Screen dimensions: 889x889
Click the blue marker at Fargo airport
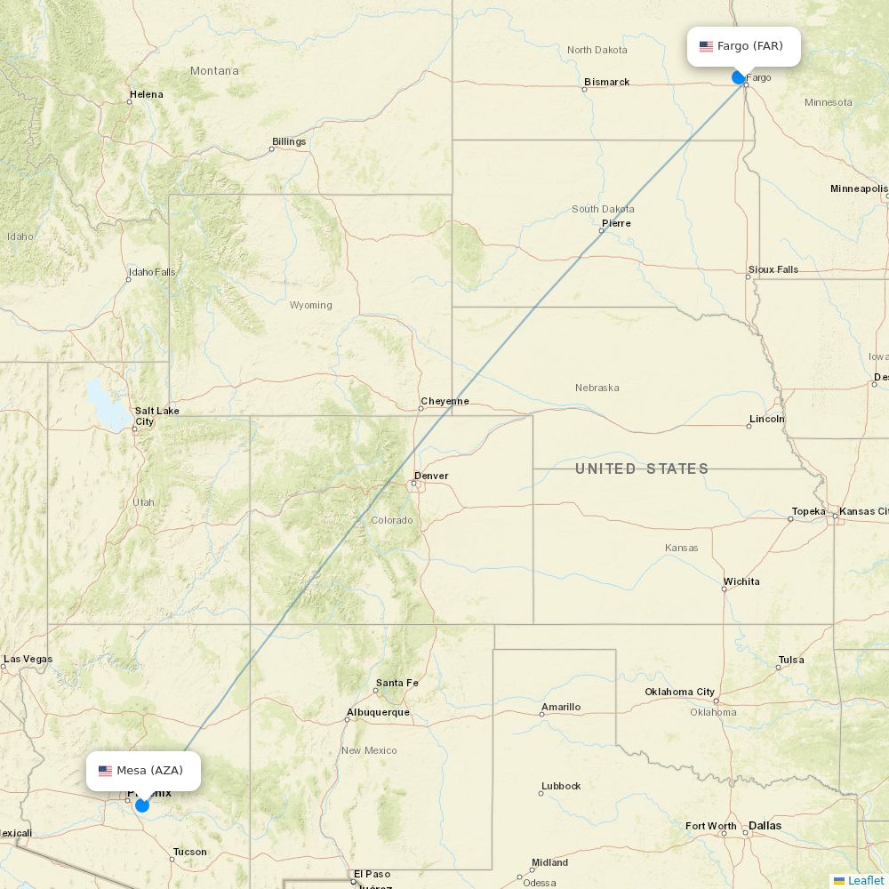(738, 77)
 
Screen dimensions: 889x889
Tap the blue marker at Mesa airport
(141, 805)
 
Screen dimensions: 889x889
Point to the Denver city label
(431, 476)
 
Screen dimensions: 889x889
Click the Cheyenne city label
(444, 401)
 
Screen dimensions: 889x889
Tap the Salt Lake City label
(156, 415)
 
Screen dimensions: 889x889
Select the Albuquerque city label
(378, 712)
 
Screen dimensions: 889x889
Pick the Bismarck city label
(606, 82)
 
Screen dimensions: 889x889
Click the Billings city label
(289, 141)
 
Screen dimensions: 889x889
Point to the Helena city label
(147, 94)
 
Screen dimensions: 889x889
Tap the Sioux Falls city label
(773, 269)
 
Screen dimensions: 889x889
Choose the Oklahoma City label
(680, 692)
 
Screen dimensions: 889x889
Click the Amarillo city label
(561, 707)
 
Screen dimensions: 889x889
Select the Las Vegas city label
(28, 659)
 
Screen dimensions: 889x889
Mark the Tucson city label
(189, 852)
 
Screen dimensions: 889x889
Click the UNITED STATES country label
(642, 469)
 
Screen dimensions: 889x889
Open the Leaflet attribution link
(865, 880)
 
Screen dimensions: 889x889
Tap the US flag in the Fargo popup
(706, 46)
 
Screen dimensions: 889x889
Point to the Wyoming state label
(310, 305)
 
